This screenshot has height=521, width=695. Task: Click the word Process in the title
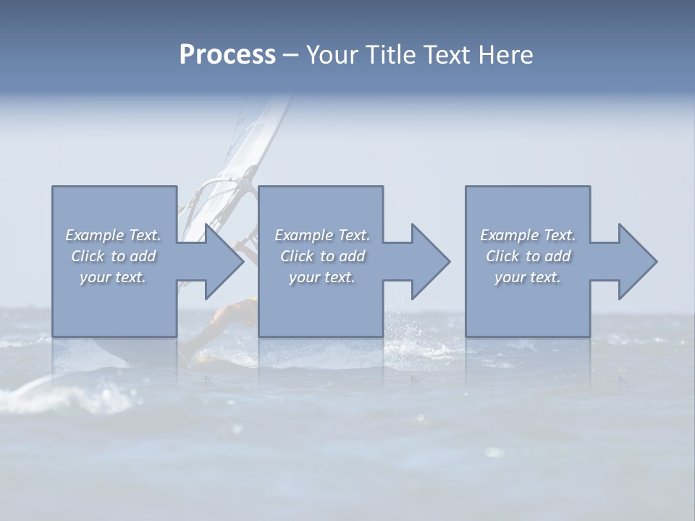[x=227, y=55]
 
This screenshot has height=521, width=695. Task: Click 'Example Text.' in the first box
[x=114, y=235]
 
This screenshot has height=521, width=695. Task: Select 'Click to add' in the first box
[x=114, y=256]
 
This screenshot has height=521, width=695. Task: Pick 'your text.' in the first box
[x=114, y=277]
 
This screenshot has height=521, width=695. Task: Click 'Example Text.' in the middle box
[x=322, y=235]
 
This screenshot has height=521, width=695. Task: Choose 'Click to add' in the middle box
[x=322, y=256]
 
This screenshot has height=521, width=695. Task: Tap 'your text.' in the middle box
[x=322, y=277]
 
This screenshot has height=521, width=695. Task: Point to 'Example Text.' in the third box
[x=528, y=235]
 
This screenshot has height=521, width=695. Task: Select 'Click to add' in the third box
[x=528, y=256]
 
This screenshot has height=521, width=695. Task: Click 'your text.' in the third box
[x=528, y=277]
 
